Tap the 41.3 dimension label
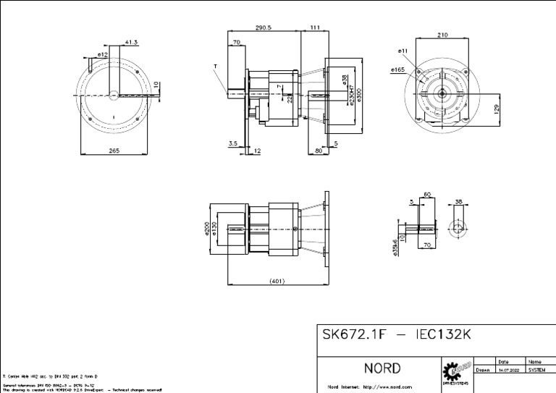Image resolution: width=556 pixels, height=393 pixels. tap(131, 43)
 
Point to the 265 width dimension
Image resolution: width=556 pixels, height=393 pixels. tap(114, 151)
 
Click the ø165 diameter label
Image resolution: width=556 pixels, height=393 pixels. tap(397, 70)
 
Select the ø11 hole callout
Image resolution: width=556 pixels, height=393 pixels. tap(403, 51)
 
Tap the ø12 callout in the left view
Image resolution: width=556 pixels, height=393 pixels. tap(102, 54)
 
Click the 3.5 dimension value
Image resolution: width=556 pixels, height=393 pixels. tap(232, 143)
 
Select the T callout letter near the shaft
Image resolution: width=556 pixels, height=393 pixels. tap(215, 67)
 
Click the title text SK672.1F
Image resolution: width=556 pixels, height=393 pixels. tap(354, 337)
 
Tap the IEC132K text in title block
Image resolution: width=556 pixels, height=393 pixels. tap(444, 337)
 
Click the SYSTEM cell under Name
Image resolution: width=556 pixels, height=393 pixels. tap(537, 369)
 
